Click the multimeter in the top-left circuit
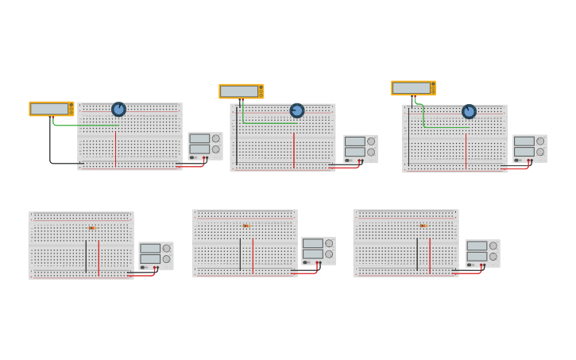pyautogui.click(x=51, y=109)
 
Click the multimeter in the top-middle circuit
pyautogui.click(x=241, y=91)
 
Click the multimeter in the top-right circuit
pyautogui.click(x=413, y=88)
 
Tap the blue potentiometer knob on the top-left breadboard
pyautogui.click(x=118, y=109)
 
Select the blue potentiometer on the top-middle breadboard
pyautogui.click(x=296, y=110)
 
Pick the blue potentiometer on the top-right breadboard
pyautogui.click(x=469, y=111)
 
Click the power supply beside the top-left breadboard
pyautogui.click(x=205, y=145)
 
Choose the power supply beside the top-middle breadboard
pyautogui.click(x=360, y=148)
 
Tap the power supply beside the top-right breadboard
pyautogui.click(x=529, y=148)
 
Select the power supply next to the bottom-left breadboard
pyautogui.click(x=156, y=254)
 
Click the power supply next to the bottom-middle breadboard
pyautogui.click(x=318, y=250)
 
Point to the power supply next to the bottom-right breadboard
pyautogui.click(x=482, y=253)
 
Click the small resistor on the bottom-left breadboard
pyautogui.click(x=92, y=228)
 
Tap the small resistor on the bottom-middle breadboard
pyautogui.click(x=246, y=226)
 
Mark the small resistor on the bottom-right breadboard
pyautogui.click(x=423, y=226)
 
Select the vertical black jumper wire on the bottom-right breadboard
pyautogui.click(x=417, y=254)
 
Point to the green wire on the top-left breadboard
pyautogui.click(x=83, y=125)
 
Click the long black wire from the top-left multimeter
pyautogui.click(x=51, y=147)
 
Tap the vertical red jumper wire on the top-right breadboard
pyautogui.click(x=466, y=151)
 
